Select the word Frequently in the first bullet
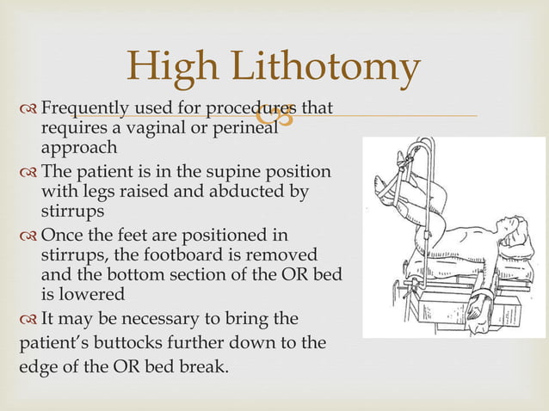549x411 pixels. [x=85, y=109]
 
